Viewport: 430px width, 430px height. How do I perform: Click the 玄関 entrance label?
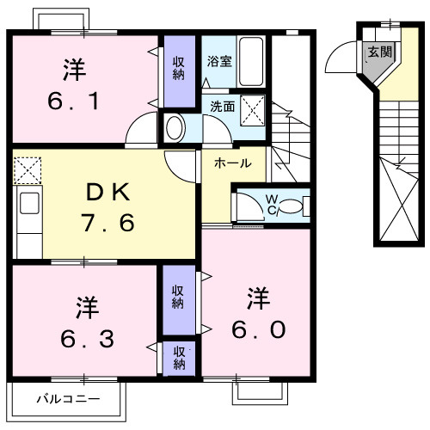[x=378, y=52]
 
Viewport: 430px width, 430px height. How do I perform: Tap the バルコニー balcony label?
[x=68, y=399]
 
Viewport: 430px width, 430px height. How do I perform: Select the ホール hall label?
[x=232, y=163]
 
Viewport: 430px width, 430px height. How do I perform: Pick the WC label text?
[x=271, y=206]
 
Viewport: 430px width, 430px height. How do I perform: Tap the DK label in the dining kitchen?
[x=107, y=191]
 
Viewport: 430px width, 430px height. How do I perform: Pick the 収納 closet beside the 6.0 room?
[x=178, y=297]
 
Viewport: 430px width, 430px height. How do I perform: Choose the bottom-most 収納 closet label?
[x=178, y=358]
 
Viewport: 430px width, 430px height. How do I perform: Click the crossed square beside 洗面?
[x=252, y=110]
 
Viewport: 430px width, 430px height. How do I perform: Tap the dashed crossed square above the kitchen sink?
[x=28, y=169]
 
